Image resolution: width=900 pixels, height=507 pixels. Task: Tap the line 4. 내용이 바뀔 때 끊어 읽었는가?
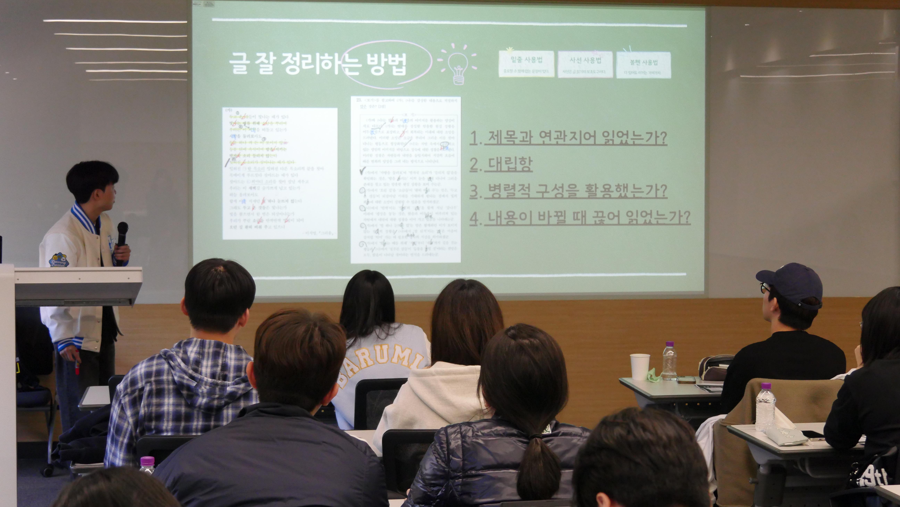point(580,217)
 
